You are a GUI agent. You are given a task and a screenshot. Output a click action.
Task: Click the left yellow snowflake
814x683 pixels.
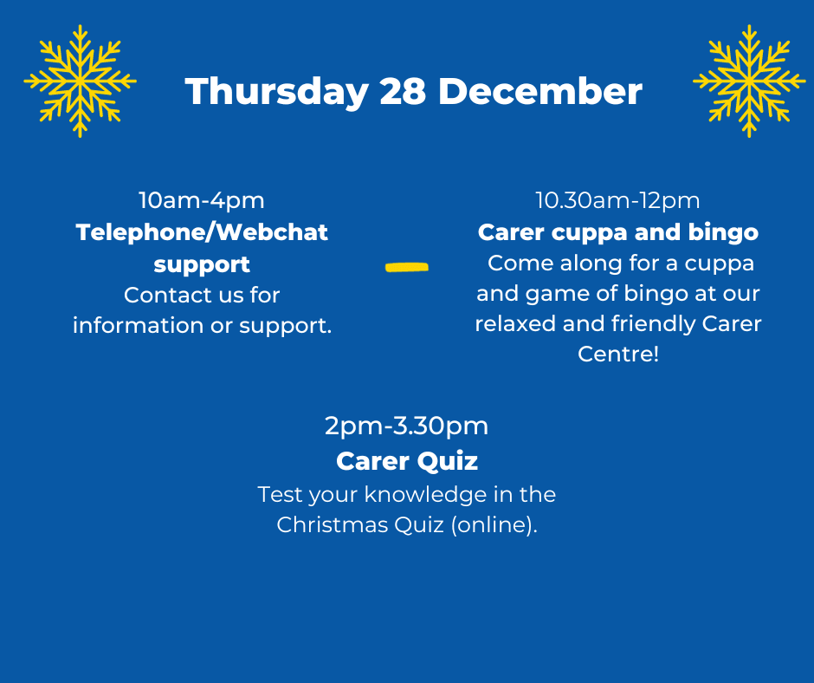pyautogui.click(x=80, y=81)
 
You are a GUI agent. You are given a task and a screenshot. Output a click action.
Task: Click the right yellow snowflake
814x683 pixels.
pyautogui.click(x=749, y=81)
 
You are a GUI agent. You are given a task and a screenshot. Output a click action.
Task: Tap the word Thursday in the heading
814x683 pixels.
pyautogui.click(x=277, y=93)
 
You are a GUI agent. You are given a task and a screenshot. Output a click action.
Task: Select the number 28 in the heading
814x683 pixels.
pyautogui.click(x=403, y=92)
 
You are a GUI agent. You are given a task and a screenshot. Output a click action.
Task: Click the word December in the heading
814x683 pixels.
pyautogui.click(x=540, y=92)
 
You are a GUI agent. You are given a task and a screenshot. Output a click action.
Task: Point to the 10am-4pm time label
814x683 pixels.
pyautogui.click(x=202, y=200)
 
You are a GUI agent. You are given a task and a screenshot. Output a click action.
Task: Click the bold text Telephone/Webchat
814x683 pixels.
pyautogui.click(x=202, y=232)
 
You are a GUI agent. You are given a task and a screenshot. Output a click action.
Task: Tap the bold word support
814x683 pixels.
pyautogui.click(x=202, y=265)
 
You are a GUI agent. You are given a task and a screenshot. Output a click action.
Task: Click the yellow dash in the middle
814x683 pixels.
pyautogui.click(x=407, y=267)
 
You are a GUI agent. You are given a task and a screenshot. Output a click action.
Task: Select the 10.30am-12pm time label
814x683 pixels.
pyautogui.click(x=617, y=200)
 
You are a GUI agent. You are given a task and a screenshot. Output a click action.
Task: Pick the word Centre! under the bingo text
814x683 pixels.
pyautogui.click(x=618, y=354)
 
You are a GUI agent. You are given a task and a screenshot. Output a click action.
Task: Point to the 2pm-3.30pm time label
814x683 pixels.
pyautogui.click(x=406, y=426)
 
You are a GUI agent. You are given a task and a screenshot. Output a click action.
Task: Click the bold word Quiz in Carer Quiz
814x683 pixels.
pyautogui.click(x=448, y=461)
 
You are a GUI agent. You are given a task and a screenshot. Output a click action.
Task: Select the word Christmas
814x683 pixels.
pyautogui.click(x=332, y=524)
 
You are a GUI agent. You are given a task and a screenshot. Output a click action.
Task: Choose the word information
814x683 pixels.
pyautogui.click(x=138, y=326)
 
